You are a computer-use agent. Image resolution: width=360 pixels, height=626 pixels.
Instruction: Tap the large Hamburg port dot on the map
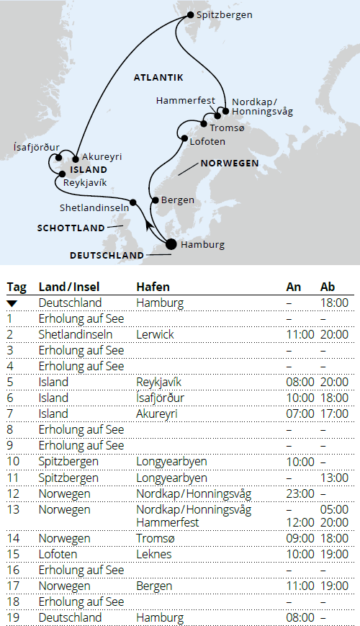(x=171, y=244)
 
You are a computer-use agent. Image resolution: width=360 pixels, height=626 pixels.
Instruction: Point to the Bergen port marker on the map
(x=155, y=200)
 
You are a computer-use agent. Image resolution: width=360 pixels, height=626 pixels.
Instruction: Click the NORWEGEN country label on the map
(x=230, y=164)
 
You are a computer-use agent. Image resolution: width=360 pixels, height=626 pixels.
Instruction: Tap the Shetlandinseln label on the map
(x=94, y=207)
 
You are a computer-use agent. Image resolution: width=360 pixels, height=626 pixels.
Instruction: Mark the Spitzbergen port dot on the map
(x=191, y=14)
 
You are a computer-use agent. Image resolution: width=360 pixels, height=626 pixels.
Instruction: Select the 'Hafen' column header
(x=153, y=287)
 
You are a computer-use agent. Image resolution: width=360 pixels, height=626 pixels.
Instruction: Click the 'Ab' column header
(x=328, y=287)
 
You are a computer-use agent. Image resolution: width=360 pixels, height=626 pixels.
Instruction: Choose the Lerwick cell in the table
(x=153, y=334)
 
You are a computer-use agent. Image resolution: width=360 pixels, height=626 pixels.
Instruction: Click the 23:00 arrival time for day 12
(x=300, y=493)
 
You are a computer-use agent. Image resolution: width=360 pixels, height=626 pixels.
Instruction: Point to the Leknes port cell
(x=153, y=554)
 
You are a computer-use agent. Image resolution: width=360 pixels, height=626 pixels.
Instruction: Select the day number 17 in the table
(x=12, y=586)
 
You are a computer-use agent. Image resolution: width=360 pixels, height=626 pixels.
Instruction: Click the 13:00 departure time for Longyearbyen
(x=334, y=478)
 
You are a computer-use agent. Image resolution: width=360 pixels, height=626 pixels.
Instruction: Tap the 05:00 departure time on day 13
(x=334, y=509)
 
